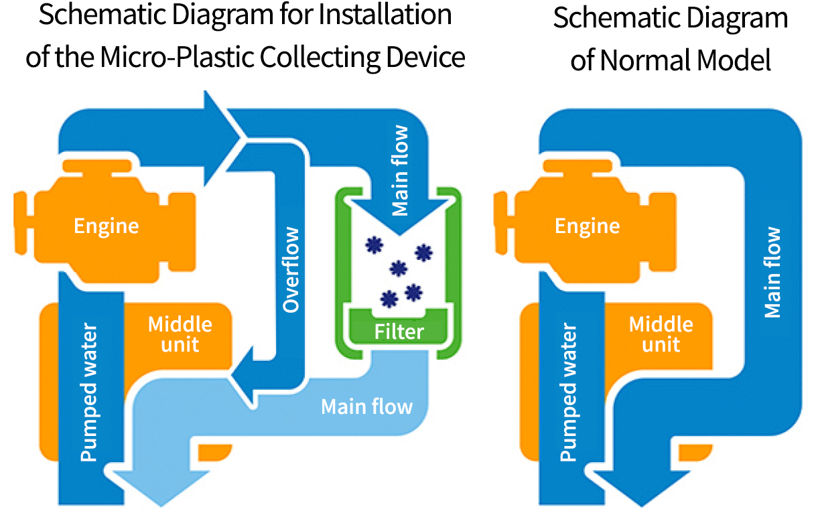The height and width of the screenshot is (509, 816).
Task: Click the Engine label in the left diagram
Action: [106, 226]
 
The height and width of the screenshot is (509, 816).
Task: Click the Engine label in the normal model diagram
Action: [587, 226]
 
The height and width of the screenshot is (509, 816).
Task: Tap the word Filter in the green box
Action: [399, 332]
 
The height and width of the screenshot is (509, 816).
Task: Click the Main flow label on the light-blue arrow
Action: [366, 407]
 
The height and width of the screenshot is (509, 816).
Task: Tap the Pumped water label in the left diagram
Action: [89, 393]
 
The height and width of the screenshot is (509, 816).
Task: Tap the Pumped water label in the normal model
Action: [569, 393]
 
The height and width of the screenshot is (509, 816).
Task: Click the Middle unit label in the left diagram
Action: [180, 334]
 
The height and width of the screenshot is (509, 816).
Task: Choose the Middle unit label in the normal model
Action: [661, 334]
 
